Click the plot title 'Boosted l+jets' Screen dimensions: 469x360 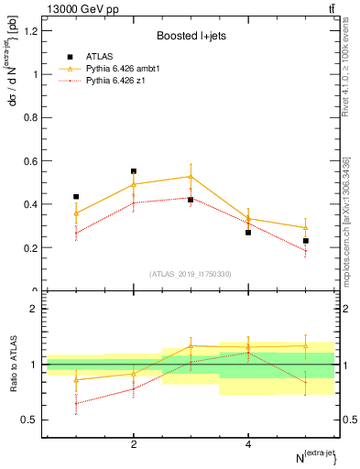click(190, 36)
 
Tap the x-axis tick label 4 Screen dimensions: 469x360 click(248, 444)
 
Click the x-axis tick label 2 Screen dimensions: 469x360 click(134, 444)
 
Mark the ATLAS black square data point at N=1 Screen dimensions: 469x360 click(76, 196)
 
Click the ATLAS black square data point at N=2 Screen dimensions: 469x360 click(134, 171)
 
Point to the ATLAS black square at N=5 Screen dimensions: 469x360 click(306, 241)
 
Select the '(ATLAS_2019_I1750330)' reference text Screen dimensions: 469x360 click(190, 274)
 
